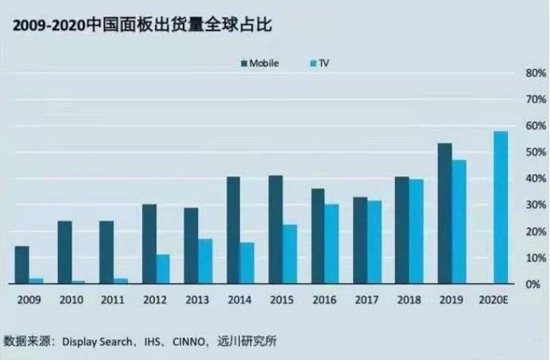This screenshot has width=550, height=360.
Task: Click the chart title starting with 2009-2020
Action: click(139, 25)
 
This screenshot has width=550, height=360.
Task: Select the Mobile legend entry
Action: click(258, 64)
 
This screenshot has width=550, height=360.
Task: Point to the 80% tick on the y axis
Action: click(530, 73)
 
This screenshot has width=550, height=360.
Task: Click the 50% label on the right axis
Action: click(530, 153)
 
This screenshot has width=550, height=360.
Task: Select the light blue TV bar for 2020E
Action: click(500, 207)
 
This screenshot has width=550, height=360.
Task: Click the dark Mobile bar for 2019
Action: click(444, 213)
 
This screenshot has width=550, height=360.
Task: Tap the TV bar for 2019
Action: click(459, 222)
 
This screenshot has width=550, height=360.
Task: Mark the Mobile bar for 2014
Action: click(234, 230)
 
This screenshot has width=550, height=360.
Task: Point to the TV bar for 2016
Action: click(331, 243)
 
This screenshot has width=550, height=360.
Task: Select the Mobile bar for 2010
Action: click(64, 252)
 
